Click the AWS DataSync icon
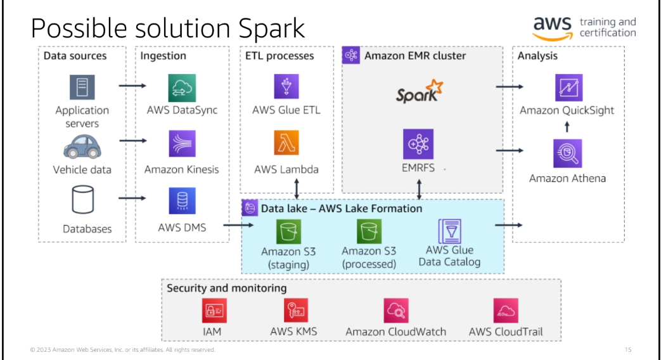[182, 87]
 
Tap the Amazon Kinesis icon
[182, 144]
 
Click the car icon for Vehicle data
[82, 147]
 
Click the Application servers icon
[82, 87]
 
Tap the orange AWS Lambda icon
[286, 144]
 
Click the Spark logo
[419, 91]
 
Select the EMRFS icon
[419, 145]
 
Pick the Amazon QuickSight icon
[568, 87]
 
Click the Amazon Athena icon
[568, 153]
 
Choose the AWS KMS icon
[293, 311]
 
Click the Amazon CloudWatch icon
[395, 311]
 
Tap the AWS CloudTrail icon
[506, 311]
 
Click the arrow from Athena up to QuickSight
[568, 127]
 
